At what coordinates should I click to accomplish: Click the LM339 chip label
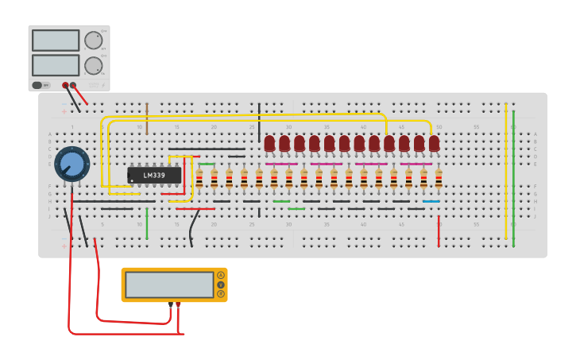click(154, 175)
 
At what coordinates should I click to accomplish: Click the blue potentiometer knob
click(72, 164)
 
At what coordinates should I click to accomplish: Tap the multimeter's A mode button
click(221, 275)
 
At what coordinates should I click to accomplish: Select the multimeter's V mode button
click(221, 285)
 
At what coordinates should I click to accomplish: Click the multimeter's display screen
click(169, 285)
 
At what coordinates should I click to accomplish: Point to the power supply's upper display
click(56, 41)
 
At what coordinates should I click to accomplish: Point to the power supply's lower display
click(56, 65)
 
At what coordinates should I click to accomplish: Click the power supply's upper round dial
click(93, 41)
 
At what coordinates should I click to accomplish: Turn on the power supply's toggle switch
click(37, 85)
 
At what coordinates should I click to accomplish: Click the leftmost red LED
click(270, 143)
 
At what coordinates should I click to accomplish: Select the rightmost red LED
click(434, 143)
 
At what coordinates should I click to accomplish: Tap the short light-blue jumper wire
click(431, 202)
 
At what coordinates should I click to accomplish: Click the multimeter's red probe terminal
click(178, 304)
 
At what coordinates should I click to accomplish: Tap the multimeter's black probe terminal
click(171, 304)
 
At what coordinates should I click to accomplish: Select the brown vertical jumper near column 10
click(147, 118)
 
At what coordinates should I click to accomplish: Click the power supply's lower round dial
click(93, 65)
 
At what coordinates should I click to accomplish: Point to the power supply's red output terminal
click(74, 85)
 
